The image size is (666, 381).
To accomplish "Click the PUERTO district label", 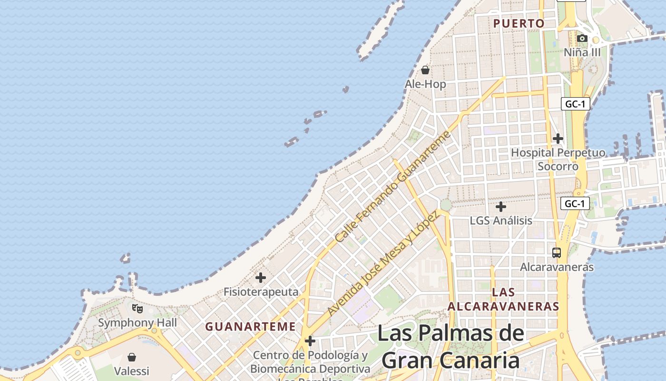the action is (519, 23).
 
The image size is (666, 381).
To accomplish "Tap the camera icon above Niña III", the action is (582, 38).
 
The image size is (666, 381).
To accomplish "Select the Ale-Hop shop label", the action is (425, 84).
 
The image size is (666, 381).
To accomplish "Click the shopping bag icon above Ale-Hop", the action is (425, 70).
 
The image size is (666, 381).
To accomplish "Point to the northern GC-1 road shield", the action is (575, 104).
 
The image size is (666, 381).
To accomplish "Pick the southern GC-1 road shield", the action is (575, 204).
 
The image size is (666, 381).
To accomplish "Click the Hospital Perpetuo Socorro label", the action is (558, 160).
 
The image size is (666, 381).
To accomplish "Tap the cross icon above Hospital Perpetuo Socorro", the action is (558, 139).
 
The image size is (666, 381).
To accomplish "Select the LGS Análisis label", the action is (501, 221).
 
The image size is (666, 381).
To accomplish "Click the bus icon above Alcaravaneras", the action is (557, 253).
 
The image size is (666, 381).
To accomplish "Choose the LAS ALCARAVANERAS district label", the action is (503, 299).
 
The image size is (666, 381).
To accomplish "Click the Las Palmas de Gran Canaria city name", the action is (451, 347).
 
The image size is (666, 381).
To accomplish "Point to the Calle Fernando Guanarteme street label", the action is (392, 187).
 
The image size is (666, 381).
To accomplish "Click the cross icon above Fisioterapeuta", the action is (261, 277).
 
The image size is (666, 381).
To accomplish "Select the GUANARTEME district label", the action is (250, 327).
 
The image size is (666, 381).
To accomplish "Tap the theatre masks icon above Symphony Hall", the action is (137, 308).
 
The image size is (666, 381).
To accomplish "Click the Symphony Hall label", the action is (137, 323).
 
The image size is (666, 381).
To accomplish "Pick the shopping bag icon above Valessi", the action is (132, 357).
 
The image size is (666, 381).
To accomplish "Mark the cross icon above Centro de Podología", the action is (310, 341).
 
